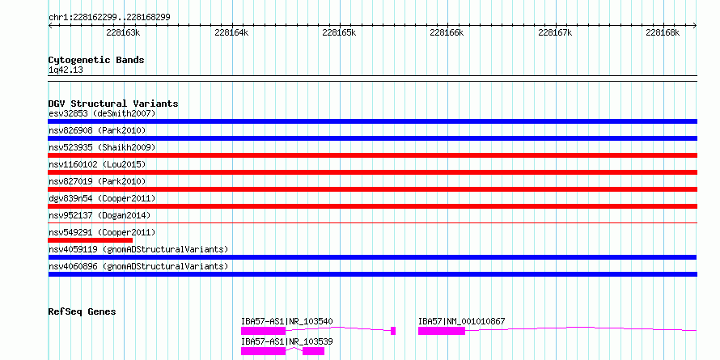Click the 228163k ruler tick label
(x=123, y=32)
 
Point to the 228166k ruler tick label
(x=447, y=32)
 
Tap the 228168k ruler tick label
(x=662, y=32)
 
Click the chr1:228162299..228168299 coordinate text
(x=109, y=18)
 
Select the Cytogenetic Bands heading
(x=96, y=60)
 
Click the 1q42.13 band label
(x=66, y=70)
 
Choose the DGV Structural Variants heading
(x=113, y=104)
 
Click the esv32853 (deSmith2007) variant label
(x=102, y=113)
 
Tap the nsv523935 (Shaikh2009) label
(x=102, y=147)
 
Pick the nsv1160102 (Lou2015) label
(x=97, y=164)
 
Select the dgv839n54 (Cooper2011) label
(x=102, y=198)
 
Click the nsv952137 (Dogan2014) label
(x=100, y=215)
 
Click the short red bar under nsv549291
(x=91, y=240)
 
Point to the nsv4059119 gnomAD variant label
(x=138, y=249)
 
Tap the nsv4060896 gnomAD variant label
(x=138, y=266)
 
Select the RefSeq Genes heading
(x=82, y=311)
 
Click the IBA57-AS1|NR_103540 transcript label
(x=287, y=321)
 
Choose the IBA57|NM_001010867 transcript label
(x=461, y=321)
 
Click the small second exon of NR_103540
(x=393, y=331)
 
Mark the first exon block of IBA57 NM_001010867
(x=441, y=331)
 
